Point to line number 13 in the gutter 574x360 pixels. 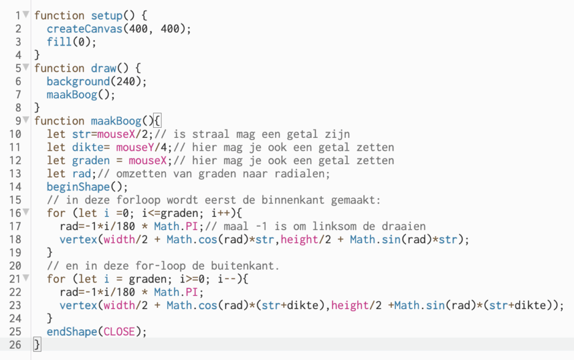pyautogui.click(x=15, y=173)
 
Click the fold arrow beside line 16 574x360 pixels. pyautogui.click(x=26, y=213)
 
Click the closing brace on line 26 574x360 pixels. pyautogui.click(x=37, y=344)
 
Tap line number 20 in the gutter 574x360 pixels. pyautogui.click(x=15, y=265)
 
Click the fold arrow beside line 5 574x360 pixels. pyautogui.click(x=26, y=68)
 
